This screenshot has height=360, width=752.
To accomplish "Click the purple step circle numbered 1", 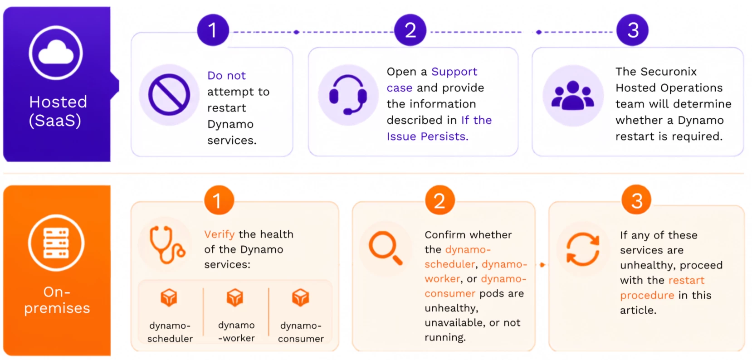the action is [x=213, y=30].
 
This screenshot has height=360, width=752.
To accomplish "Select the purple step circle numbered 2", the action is [x=410, y=30].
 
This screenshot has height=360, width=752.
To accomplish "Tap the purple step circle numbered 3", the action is [x=633, y=30].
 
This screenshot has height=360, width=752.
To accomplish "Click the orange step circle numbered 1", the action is [x=219, y=200].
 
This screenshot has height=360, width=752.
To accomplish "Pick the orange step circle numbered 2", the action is [x=440, y=200].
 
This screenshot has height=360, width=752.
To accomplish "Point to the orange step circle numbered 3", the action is [x=636, y=200].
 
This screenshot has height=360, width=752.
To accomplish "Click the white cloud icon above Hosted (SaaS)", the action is [x=56, y=53].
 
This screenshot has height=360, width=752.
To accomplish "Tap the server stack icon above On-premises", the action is [x=56, y=243].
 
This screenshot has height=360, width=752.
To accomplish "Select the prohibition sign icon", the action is [x=169, y=95].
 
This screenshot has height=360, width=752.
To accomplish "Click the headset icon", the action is [x=348, y=95].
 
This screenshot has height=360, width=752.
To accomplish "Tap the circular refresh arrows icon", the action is [x=583, y=249].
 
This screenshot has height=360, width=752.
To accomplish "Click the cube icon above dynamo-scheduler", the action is [x=169, y=297].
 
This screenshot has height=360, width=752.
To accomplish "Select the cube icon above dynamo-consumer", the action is [x=300, y=297].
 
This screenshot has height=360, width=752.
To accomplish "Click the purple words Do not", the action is [x=227, y=75].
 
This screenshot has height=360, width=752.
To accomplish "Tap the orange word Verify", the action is [x=220, y=234].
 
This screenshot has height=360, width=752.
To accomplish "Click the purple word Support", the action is [x=454, y=72].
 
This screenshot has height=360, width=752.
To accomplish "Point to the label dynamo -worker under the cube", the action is [x=236, y=331].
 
